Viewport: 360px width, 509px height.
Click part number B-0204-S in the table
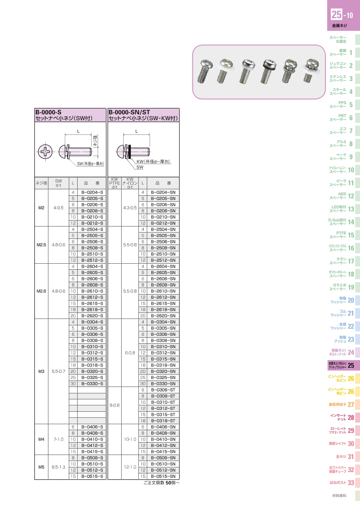coord(92,192)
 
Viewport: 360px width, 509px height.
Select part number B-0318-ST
coord(163,421)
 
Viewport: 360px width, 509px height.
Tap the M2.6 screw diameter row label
coord(41,291)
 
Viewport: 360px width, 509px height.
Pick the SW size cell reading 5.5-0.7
coord(58,371)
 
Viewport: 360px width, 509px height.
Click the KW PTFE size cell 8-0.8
coord(114,405)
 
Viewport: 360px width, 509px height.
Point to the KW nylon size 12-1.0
coord(130,467)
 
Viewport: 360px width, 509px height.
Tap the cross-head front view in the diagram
coord(45,152)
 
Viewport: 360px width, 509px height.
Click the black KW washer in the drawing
coord(130,152)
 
